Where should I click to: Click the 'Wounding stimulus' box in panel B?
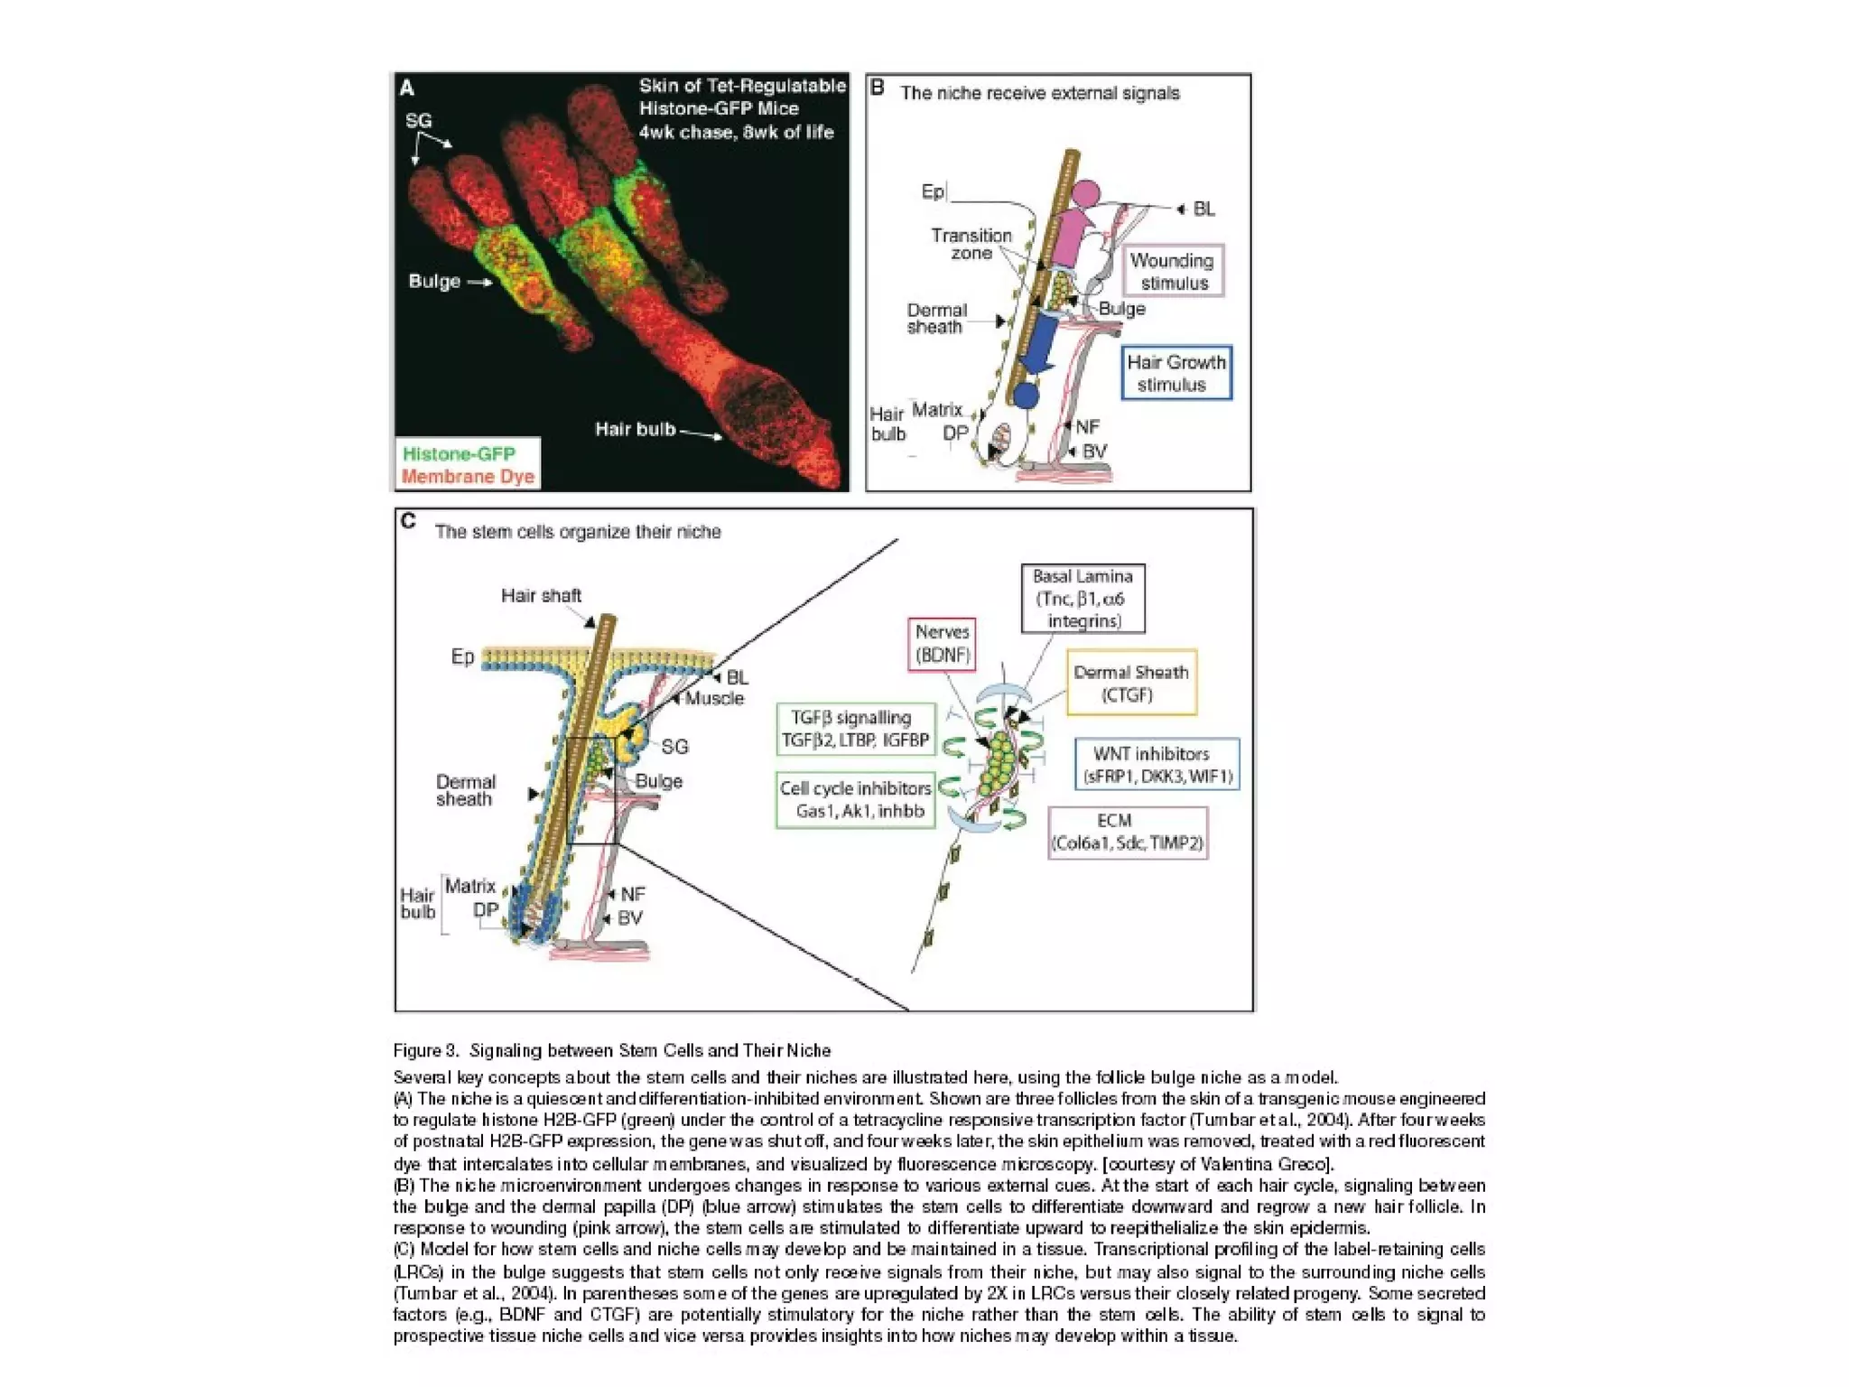tap(1173, 271)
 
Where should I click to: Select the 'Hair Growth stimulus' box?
tap(1175, 373)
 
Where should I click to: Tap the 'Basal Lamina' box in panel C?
tap(1082, 599)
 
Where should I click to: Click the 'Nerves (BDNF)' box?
tap(942, 644)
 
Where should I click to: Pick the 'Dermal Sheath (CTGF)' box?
tap(1130, 683)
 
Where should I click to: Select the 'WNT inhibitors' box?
tap(1156, 764)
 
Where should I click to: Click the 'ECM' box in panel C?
tap(1127, 832)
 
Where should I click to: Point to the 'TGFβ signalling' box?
tap(855, 729)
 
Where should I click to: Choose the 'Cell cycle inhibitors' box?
tap(855, 799)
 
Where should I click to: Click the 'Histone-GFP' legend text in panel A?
tap(459, 453)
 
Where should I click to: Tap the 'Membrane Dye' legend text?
tap(468, 476)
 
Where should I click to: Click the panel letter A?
tap(407, 88)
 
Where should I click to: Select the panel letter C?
tap(408, 522)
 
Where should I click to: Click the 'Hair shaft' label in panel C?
tap(541, 596)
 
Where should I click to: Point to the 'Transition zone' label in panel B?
tap(971, 244)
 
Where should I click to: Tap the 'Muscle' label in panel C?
tap(714, 698)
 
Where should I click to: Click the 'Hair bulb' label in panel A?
tap(635, 429)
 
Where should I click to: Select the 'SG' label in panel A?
tap(418, 120)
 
